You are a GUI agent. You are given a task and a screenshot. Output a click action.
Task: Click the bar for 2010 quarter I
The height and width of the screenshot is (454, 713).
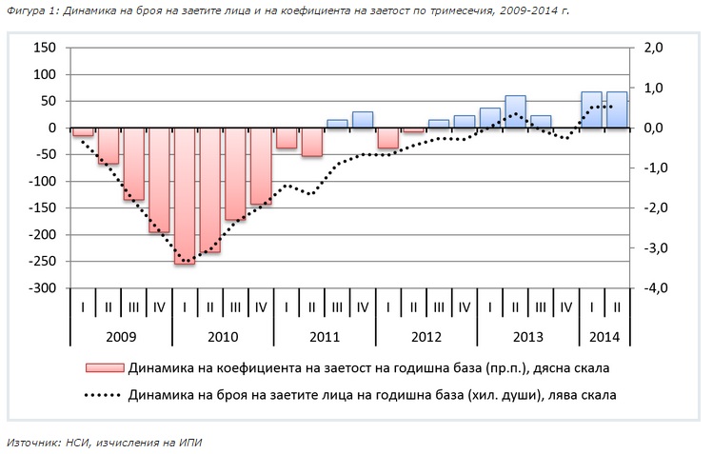pyautogui.click(x=185, y=195)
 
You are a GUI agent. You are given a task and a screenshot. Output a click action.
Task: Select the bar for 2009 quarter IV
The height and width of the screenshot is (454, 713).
pyautogui.click(x=159, y=181)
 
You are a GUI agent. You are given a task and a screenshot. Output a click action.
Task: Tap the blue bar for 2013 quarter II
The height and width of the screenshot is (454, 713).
pyautogui.click(x=515, y=111)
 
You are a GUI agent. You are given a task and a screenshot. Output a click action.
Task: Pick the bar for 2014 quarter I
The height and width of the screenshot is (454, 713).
pyautogui.click(x=591, y=109)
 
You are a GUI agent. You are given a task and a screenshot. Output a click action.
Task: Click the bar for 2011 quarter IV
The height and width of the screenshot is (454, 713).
pyautogui.click(x=363, y=120)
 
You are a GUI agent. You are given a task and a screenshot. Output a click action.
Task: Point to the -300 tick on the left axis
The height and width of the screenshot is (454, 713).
pyautogui.click(x=44, y=288)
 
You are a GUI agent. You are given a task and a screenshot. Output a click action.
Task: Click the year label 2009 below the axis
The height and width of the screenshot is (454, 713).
pyautogui.click(x=121, y=336)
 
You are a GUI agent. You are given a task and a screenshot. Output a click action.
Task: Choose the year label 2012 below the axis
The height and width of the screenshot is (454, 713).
pyautogui.click(x=426, y=336)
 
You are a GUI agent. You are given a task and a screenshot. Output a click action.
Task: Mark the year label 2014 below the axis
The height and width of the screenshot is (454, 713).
pyautogui.click(x=604, y=336)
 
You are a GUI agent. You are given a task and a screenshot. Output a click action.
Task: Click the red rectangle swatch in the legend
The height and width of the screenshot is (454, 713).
pyautogui.click(x=104, y=367)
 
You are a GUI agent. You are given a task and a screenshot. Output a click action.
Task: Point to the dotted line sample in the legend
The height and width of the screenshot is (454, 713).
pyautogui.click(x=104, y=393)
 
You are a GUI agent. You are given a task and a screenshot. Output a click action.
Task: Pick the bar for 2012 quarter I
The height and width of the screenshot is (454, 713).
pyautogui.click(x=387, y=138)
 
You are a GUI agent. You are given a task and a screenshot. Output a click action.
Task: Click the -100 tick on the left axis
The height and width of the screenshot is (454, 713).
pyautogui.click(x=44, y=181)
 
